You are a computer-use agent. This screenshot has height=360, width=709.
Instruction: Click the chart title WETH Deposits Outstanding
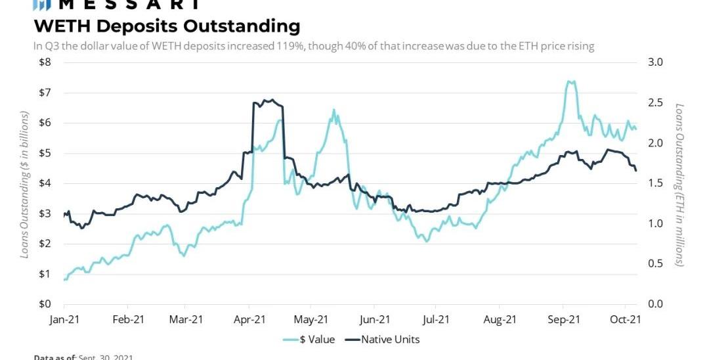coord(167,26)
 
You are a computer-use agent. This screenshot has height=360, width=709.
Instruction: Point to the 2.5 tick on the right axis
coord(656,102)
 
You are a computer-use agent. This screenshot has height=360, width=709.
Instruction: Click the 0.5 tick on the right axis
coord(656,264)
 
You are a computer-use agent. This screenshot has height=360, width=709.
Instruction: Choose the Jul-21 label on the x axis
coord(436,320)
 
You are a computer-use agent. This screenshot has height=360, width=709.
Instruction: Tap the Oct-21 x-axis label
coord(626,320)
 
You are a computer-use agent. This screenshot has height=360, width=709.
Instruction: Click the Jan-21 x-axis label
coord(64,320)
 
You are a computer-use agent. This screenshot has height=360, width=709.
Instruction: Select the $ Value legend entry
coord(309,340)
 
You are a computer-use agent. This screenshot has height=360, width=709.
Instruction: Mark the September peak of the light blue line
coord(570,82)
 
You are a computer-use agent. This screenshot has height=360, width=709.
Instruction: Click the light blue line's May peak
coord(333,110)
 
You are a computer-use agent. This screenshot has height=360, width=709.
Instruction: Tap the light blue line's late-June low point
coord(427,241)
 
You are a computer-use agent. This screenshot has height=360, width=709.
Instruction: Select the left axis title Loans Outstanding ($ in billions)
coord(25,184)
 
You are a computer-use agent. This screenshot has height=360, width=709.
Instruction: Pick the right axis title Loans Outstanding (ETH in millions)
coord(680,184)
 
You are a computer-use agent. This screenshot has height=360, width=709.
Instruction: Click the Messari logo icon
coord(41,4)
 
